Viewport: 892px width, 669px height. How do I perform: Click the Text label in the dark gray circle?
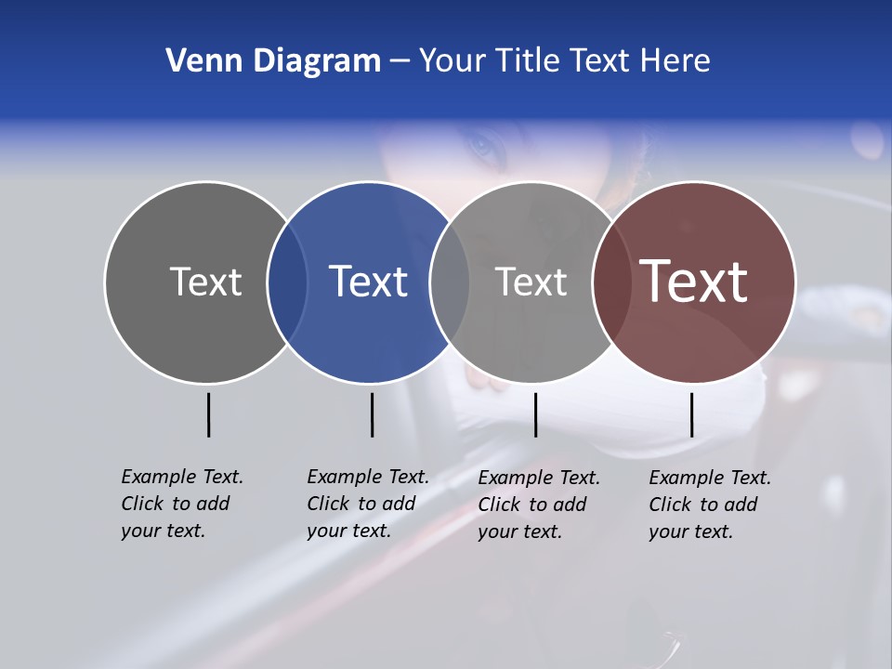click(x=205, y=282)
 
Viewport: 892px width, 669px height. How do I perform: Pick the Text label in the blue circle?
click(x=368, y=282)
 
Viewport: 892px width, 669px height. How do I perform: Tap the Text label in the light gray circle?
click(x=531, y=282)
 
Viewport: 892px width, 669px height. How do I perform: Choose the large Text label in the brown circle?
click(x=694, y=282)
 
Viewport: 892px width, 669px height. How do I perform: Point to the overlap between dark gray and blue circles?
click(x=287, y=282)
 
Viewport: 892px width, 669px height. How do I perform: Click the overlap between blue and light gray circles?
click(x=450, y=282)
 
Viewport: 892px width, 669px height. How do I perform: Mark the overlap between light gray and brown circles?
click(x=611, y=282)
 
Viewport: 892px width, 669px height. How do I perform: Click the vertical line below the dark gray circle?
click(x=208, y=414)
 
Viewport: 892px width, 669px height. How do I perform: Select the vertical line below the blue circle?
click(x=372, y=414)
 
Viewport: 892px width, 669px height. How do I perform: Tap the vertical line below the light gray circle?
click(x=535, y=414)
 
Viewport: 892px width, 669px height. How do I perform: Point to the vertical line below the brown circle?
click(x=691, y=414)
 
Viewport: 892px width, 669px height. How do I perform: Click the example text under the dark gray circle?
click(x=181, y=504)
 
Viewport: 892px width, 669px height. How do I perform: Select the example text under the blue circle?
click(x=367, y=504)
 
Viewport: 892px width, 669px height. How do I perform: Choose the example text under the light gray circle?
click(x=538, y=505)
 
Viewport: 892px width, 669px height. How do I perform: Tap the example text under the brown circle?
click(x=709, y=505)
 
